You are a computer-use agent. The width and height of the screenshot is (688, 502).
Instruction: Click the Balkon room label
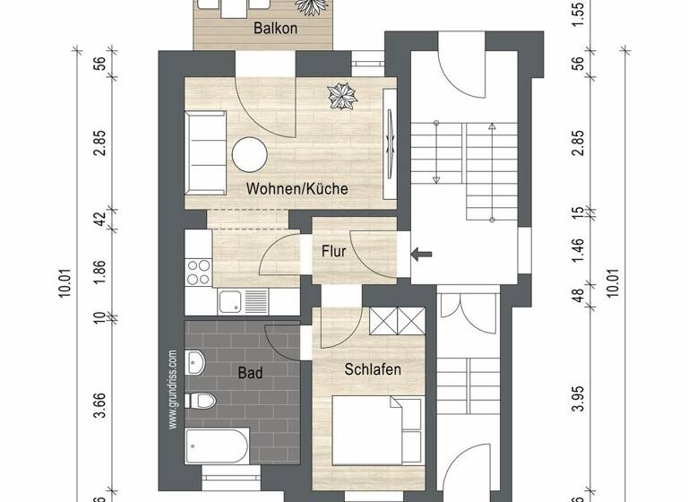click(276, 29)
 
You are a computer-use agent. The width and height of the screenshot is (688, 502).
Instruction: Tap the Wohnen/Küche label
click(297, 189)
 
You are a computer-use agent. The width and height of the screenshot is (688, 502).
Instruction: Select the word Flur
click(333, 252)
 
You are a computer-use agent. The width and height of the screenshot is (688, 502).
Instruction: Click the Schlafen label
click(372, 368)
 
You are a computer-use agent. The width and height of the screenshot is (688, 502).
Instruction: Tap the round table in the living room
click(250, 154)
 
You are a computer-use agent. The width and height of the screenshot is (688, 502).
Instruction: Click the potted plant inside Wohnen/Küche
click(340, 93)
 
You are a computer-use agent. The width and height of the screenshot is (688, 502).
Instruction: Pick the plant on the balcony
click(314, 6)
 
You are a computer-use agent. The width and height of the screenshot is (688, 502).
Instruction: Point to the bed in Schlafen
click(376, 430)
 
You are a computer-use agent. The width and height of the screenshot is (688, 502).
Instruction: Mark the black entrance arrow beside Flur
click(421, 254)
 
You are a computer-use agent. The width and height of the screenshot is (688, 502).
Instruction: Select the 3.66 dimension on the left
click(100, 406)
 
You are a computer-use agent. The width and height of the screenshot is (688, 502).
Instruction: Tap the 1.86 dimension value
click(100, 273)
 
